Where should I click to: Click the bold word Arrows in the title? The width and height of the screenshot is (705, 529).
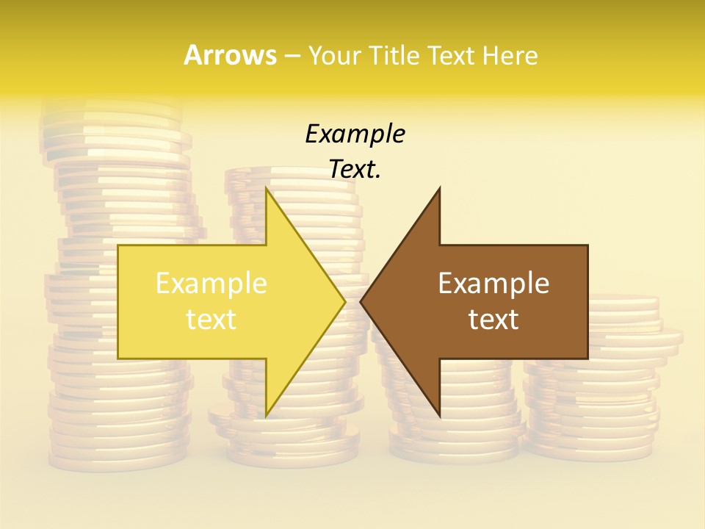tap(231, 55)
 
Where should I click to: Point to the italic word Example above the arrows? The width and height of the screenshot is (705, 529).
tap(355, 134)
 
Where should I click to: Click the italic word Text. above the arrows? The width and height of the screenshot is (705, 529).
tap(355, 169)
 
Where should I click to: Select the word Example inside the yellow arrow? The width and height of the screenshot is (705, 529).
tap(211, 284)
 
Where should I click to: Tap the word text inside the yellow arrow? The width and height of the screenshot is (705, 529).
tap(211, 320)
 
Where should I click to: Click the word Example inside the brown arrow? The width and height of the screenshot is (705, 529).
tap(493, 284)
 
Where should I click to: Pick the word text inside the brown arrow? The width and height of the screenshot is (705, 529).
tap(493, 320)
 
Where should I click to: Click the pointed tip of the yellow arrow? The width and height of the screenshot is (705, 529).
tap(344, 301)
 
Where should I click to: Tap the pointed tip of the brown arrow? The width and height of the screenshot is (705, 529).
tap(361, 301)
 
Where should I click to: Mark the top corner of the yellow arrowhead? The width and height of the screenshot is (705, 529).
tap(267, 189)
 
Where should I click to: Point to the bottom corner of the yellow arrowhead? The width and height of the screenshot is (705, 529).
tap(267, 415)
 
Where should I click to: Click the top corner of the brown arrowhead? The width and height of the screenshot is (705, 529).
tap(439, 189)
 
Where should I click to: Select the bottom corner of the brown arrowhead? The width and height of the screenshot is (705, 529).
tap(439, 415)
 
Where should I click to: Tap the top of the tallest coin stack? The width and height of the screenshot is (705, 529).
tap(110, 110)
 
